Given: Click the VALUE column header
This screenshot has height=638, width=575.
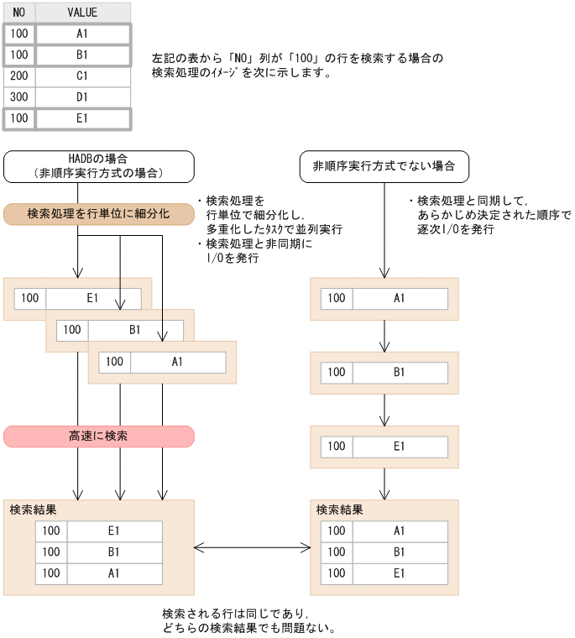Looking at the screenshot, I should [x=82, y=13].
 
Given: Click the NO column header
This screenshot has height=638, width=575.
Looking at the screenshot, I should [x=18, y=13].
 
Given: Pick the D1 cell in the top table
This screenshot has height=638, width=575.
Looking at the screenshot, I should [x=82, y=97].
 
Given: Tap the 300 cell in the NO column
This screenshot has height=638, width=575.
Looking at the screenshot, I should [x=18, y=97].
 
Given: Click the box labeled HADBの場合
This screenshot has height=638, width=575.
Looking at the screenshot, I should [x=99, y=166].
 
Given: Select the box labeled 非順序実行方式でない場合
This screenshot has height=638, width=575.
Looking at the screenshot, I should [x=384, y=166].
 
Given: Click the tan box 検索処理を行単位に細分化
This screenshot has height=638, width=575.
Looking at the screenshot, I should [x=99, y=213].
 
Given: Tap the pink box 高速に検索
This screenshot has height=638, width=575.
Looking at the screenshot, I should [x=99, y=437].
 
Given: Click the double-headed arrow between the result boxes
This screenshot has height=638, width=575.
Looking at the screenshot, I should [x=252, y=547].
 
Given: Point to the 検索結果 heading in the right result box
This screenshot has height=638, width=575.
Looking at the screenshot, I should [x=339, y=510].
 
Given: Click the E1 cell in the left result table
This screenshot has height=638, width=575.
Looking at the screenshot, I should [x=114, y=531].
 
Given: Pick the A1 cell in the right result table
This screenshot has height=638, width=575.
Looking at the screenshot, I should [x=399, y=531].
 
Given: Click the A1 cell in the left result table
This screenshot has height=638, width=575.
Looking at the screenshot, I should [x=114, y=573].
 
